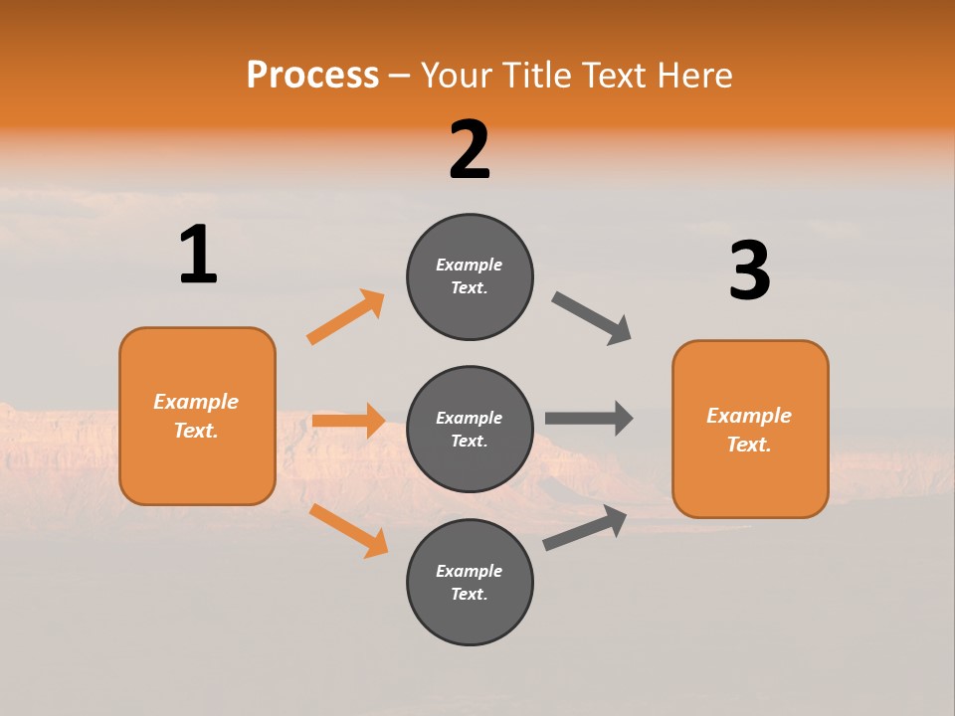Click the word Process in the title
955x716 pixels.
(x=312, y=75)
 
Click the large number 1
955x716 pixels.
(x=197, y=255)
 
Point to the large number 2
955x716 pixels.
(x=470, y=150)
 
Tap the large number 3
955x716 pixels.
(x=749, y=270)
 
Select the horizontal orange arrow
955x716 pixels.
(x=348, y=421)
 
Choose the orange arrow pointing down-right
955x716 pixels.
(x=348, y=530)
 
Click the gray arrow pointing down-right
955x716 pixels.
(x=592, y=318)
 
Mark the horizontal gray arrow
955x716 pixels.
(x=589, y=419)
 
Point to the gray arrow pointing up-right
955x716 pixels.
(x=585, y=527)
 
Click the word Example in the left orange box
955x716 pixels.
(x=196, y=402)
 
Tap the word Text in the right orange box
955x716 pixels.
(x=748, y=445)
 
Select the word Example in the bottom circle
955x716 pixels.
(x=470, y=571)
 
